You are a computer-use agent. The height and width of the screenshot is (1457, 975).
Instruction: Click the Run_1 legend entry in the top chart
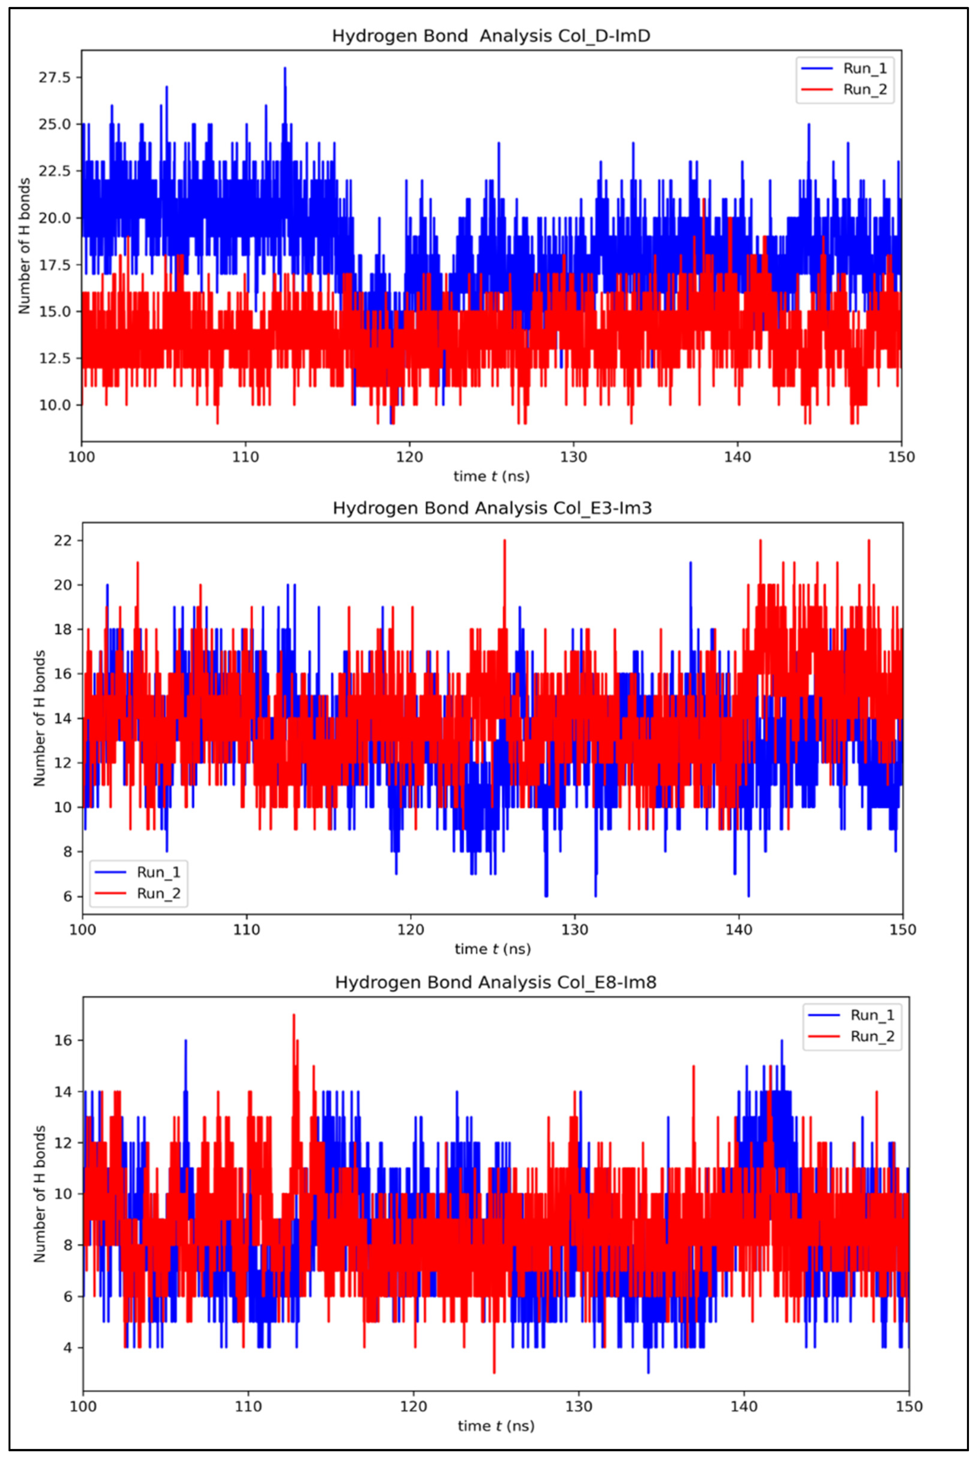(864, 69)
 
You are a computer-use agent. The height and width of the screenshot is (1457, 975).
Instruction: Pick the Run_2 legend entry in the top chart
(864, 89)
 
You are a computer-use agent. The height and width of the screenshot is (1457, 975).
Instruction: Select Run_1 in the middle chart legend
(158, 872)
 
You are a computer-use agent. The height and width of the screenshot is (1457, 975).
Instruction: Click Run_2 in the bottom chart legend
(872, 1036)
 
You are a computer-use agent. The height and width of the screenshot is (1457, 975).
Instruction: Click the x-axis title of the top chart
(491, 477)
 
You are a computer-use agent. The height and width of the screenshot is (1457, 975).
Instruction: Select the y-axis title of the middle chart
(40, 718)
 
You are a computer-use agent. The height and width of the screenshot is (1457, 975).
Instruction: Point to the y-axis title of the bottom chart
(40, 1193)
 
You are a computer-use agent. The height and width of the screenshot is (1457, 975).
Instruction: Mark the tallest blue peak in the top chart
(285, 69)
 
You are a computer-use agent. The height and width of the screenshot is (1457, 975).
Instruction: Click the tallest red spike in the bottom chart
(294, 1015)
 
